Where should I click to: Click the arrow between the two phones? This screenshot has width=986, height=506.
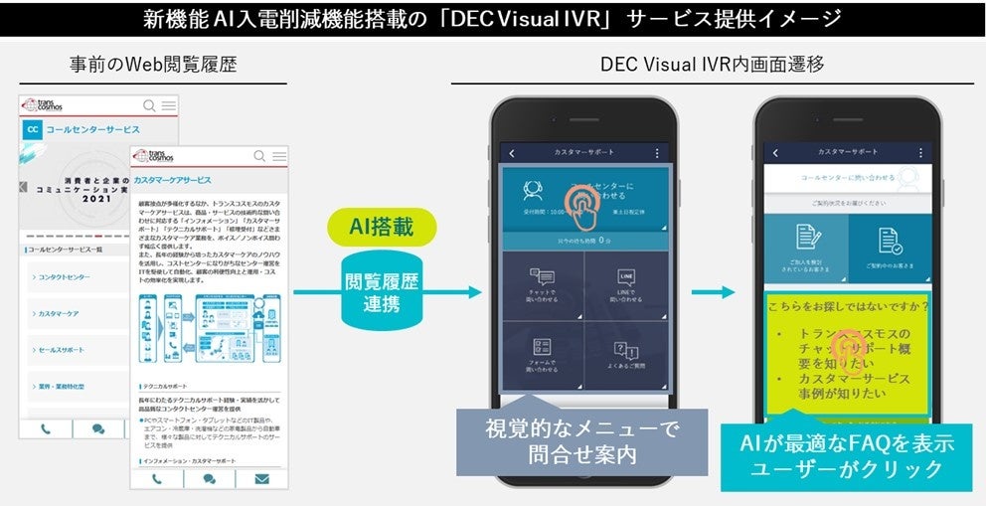click(x=713, y=292)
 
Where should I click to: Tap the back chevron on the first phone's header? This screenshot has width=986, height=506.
click(x=512, y=153)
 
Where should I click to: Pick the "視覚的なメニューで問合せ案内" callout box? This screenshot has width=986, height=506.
click(x=581, y=441)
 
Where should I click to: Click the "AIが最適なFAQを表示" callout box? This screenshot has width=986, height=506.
click(x=846, y=454)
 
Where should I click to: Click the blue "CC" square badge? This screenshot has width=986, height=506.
click(x=33, y=129)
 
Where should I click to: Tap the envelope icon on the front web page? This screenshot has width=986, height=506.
click(x=261, y=478)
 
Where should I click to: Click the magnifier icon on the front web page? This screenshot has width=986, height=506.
click(x=260, y=156)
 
